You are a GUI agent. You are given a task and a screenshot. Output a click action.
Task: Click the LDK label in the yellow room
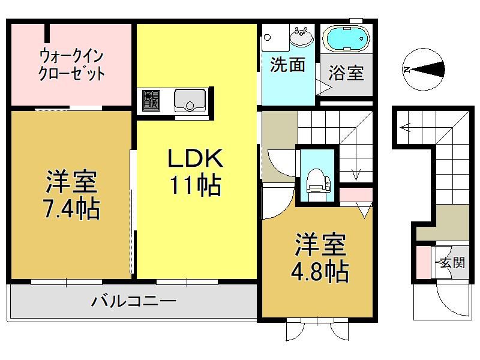point(195,158)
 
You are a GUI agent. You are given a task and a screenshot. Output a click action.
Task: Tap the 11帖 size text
point(195,185)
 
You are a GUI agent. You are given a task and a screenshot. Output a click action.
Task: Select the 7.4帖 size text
point(72,209)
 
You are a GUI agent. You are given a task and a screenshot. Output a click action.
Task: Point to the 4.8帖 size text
point(320,272)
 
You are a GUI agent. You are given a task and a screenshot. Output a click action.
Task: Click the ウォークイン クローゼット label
point(71,65)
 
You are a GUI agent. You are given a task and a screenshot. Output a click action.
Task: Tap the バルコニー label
point(134,301)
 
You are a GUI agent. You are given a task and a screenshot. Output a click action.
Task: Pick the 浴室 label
point(346,73)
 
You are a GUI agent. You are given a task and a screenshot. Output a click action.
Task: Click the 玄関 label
point(452,262)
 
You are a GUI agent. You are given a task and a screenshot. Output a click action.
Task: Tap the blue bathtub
point(346,38)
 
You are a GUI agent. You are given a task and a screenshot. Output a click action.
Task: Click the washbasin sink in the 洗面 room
point(302,36)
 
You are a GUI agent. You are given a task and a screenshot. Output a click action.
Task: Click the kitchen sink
point(190,100)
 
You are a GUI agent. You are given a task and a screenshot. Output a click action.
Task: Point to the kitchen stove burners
point(151,100)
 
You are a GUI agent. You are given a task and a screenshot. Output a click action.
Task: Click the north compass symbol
point(424,70)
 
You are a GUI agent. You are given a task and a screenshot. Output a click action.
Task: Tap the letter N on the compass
point(407,70)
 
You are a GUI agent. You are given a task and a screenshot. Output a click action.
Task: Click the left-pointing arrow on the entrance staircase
point(406,126)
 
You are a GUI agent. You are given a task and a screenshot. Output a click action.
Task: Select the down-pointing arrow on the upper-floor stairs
point(356,175)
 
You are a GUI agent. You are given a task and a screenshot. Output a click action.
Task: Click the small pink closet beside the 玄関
point(424,262)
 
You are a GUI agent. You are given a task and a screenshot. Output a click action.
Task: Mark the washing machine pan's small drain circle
point(267,37)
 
